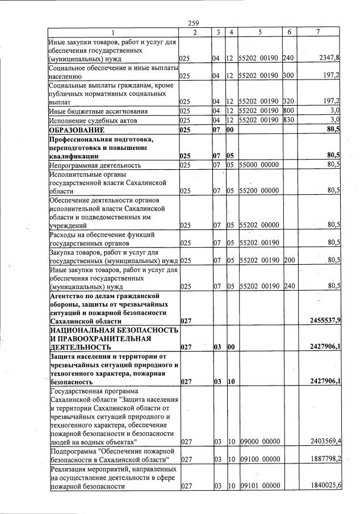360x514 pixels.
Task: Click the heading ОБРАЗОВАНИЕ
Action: click(77, 130)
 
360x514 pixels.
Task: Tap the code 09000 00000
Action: click(259, 441)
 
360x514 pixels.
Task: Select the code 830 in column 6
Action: click(288, 120)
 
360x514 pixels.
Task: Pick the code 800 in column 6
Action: click(288, 111)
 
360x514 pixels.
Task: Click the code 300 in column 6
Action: click(288, 75)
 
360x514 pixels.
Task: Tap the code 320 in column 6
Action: click(288, 102)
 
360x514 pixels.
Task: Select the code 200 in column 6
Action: click(288, 260)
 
